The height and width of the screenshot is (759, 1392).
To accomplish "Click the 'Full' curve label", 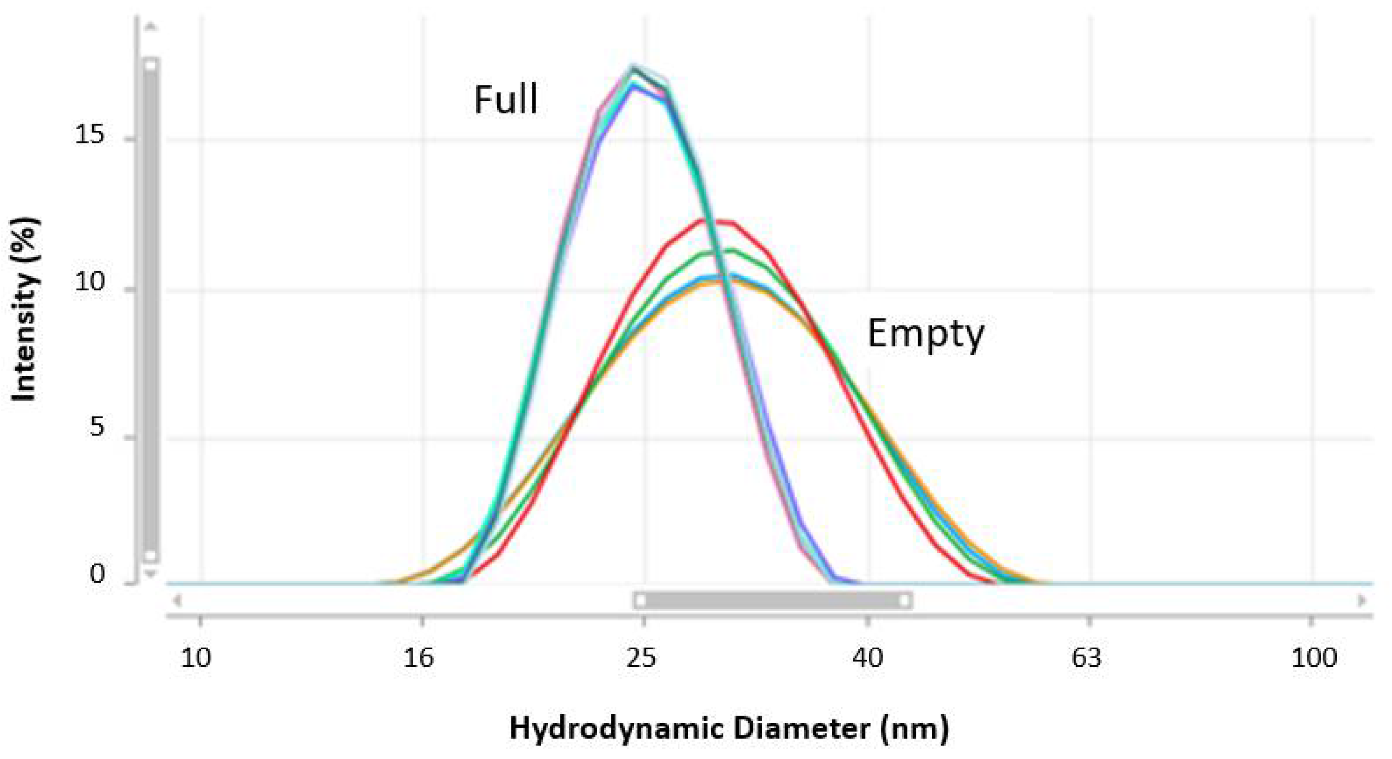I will [x=506, y=100].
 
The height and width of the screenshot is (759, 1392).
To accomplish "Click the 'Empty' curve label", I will [x=926, y=335].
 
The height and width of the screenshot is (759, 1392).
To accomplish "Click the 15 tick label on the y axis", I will [x=89, y=134].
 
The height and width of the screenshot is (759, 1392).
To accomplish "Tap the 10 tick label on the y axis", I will [x=89, y=282].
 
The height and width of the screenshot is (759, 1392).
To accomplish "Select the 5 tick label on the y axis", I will [x=97, y=428].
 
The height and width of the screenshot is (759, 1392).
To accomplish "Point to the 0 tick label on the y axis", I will [x=97, y=574].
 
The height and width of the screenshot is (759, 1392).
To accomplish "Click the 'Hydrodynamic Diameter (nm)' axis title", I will [x=729, y=729].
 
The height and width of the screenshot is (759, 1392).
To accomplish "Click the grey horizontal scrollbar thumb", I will [x=773, y=600].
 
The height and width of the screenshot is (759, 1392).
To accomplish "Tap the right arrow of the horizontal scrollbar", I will [x=1362, y=600].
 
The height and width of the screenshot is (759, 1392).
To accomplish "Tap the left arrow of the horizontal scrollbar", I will [x=177, y=600].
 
